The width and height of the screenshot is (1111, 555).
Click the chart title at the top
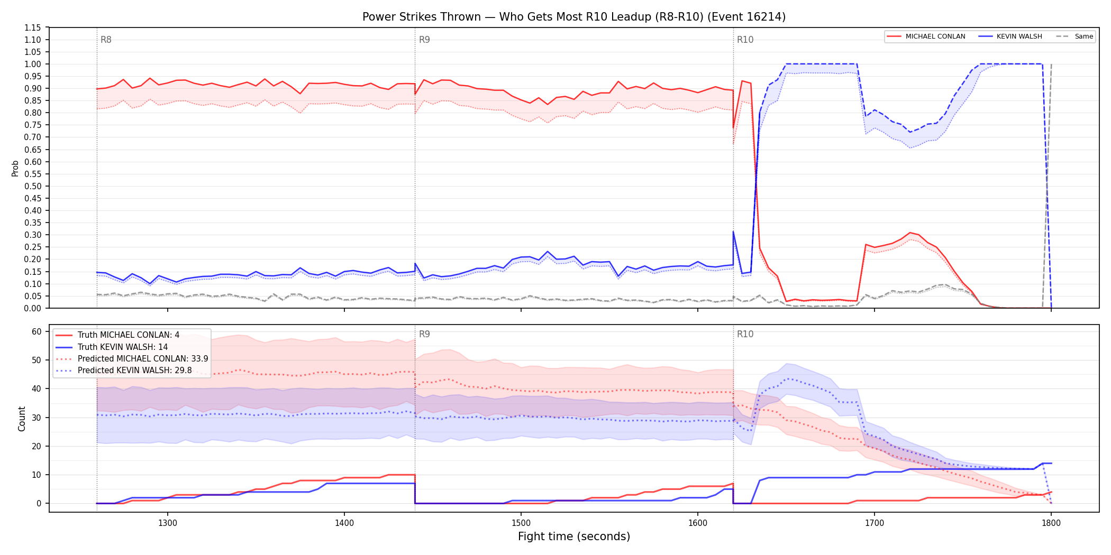click(574, 17)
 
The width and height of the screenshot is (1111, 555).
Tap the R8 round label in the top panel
click(106, 40)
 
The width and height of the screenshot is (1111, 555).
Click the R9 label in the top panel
click(424, 40)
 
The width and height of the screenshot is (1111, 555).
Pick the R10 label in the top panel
click(745, 40)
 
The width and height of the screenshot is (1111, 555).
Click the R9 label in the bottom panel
click(424, 334)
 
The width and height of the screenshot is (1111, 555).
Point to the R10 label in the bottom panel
click(745, 334)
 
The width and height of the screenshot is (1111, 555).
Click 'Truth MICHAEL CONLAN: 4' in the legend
click(129, 335)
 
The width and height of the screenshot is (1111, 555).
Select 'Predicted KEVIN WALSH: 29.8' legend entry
click(135, 371)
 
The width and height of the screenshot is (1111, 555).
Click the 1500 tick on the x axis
click(521, 523)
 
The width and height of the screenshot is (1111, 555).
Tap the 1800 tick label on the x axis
click(1051, 523)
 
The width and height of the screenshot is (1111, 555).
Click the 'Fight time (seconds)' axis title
click(574, 536)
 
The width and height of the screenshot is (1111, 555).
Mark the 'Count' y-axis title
click(22, 419)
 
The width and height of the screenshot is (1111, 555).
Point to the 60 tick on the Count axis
click(37, 332)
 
